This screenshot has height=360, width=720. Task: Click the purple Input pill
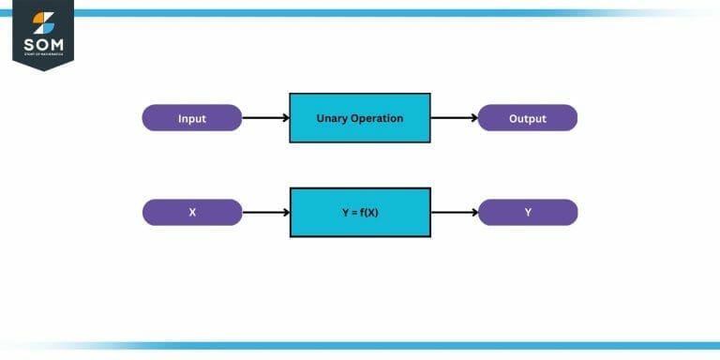pos(192,118)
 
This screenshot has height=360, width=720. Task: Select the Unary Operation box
pos(360,118)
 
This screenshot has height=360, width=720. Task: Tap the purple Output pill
pos(528,118)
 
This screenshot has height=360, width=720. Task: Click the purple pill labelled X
pos(192,212)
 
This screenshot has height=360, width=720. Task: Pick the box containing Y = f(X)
pos(360,212)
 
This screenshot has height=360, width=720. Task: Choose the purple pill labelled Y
pos(528,212)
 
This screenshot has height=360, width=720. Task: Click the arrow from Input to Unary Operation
pos(265,118)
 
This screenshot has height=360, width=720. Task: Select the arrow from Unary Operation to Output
pos(455,118)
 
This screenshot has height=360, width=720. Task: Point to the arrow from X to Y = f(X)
pos(265,212)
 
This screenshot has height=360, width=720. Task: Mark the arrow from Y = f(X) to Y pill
pos(455,212)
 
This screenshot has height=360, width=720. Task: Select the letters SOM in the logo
pos(43,46)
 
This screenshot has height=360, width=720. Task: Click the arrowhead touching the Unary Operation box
pos(285,118)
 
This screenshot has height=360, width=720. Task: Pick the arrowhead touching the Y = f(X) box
pos(285,212)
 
